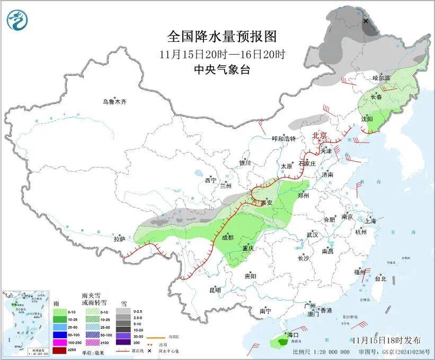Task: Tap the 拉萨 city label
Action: point(120,239)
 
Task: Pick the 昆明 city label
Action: point(215,290)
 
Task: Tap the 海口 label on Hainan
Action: point(293,335)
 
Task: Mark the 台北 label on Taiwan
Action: point(380,278)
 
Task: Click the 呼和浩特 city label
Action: point(283,139)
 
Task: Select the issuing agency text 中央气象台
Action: point(221,69)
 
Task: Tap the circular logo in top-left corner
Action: point(17,20)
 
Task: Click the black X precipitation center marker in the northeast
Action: point(366,21)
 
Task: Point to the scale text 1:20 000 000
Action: point(328,352)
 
